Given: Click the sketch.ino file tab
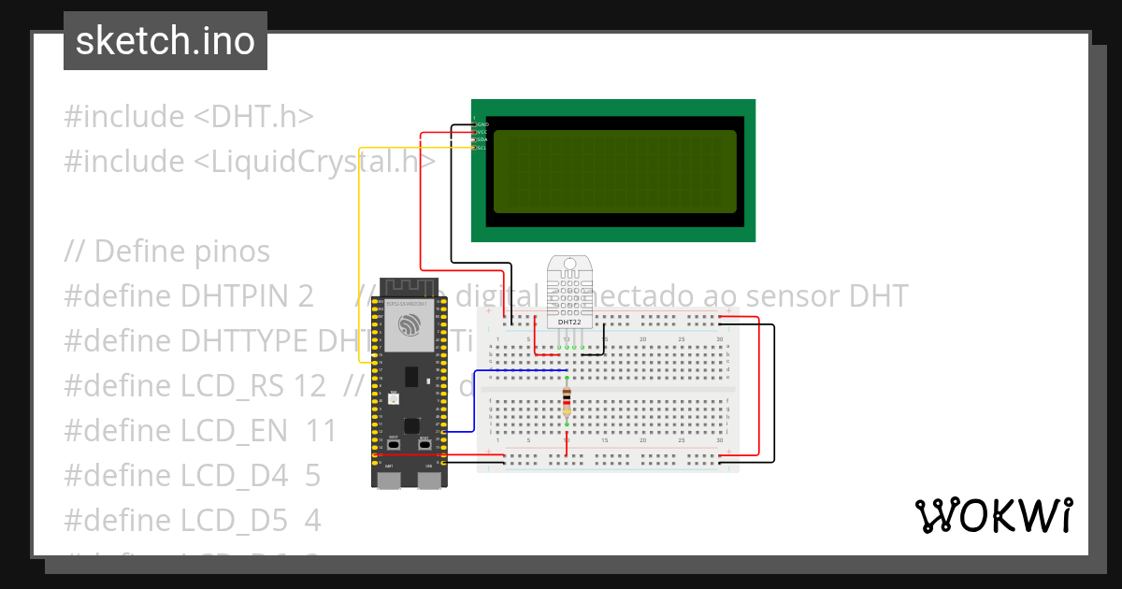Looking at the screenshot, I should pos(165,41).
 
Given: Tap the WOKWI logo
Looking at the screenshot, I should pos(992,515).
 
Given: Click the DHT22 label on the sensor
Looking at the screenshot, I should pos(569,322).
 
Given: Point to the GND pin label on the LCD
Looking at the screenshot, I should pos(483,124).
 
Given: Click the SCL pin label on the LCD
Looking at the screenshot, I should pos(482,148).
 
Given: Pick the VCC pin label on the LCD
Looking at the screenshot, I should pos(482,132).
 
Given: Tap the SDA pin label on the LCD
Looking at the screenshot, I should pos(482,139).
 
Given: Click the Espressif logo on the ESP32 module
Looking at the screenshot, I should pos(410,324).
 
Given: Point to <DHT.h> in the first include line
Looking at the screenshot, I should pos(253,117).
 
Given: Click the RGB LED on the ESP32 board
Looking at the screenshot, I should pos(394,399).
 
